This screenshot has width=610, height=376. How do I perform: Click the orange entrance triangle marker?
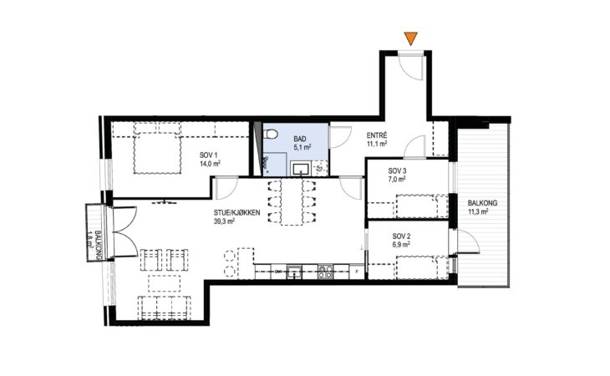pyautogui.click(x=410, y=38)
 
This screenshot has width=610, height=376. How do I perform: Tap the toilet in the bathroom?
pyautogui.click(x=270, y=135)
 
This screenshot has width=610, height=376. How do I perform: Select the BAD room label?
pyautogui.click(x=300, y=139)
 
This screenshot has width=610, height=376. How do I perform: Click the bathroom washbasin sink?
pyautogui.click(x=301, y=169)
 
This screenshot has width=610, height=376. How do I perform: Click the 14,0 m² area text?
pyautogui.click(x=210, y=164)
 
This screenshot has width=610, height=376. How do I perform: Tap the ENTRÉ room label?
pyautogui.click(x=377, y=135)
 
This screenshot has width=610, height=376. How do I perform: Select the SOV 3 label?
pyautogui.click(x=397, y=170)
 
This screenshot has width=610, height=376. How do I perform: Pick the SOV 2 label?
pyautogui.click(x=401, y=236)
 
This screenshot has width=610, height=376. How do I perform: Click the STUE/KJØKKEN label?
pyautogui.click(x=237, y=213)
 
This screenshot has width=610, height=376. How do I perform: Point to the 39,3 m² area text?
pyautogui.click(x=224, y=221)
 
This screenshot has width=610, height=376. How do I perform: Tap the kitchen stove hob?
pyautogui.click(x=325, y=272)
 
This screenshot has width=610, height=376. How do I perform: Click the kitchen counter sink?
pyautogui.click(x=294, y=272)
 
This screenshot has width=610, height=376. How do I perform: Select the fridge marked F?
pyautogui.click(x=357, y=272)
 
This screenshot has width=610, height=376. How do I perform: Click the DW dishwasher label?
pyautogui.click(x=278, y=272)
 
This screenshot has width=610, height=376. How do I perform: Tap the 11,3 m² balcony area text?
pyautogui.click(x=478, y=212)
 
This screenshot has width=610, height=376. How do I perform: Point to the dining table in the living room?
pyautogui.click(x=292, y=201)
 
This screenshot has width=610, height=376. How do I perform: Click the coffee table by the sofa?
pyautogui.click(x=164, y=283)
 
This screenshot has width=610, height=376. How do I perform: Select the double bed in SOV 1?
pyautogui.click(x=158, y=148)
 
